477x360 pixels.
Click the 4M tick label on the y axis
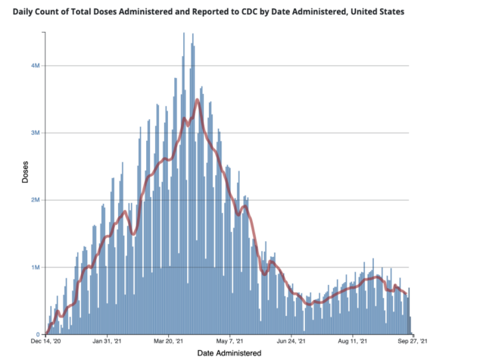click(x=36, y=66)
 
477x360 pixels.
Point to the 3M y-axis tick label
click(x=36, y=133)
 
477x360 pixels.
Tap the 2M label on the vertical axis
click(x=36, y=200)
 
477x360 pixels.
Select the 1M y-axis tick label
click(x=36, y=268)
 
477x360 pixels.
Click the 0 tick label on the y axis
click(x=38, y=334)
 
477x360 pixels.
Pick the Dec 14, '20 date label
click(x=45, y=341)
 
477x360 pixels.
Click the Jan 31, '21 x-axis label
click(x=107, y=341)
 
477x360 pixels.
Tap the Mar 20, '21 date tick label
click(x=168, y=341)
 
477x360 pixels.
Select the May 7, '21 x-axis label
click(x=229, y=341)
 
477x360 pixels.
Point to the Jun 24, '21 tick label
click(x=291, y=341)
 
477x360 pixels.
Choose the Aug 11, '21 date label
click(x=352, y=341)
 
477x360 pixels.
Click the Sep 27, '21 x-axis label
click(x=413, y=341)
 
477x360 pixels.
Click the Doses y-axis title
click(x=25, y=172)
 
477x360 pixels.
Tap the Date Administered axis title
click(x=229, y=353)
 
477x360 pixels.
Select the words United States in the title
click(x=377, y=12)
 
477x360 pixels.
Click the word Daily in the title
click(x=23, y=12)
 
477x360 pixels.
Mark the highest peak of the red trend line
click(x=198, y=99)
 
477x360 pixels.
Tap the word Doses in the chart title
click(x=105, y=12)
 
